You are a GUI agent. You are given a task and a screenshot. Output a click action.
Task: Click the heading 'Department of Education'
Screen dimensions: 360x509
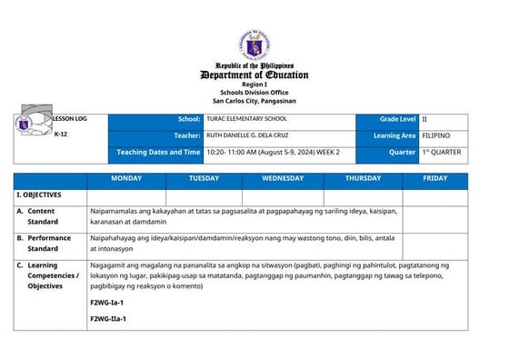click(254, 75)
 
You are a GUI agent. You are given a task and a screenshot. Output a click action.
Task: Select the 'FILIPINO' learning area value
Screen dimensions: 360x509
click(437, 136)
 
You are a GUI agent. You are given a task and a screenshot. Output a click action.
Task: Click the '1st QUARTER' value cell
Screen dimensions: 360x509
click(443, 152)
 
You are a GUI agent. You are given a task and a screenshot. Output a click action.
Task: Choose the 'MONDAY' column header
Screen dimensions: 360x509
click(126, 179)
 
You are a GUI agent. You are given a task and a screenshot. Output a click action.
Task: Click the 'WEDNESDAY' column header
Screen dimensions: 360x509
click(283, 179)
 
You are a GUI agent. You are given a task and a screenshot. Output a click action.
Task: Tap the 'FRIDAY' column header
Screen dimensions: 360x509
click(435, 179)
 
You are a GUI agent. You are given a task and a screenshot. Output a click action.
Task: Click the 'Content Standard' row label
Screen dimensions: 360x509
click(43, 215)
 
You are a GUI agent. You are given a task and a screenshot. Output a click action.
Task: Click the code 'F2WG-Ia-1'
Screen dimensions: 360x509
click(106, 301)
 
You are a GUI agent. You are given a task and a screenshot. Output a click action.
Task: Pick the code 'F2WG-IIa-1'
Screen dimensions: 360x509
click(108, 318)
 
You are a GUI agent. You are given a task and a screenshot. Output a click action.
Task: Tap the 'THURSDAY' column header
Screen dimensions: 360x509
click(363, 179)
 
